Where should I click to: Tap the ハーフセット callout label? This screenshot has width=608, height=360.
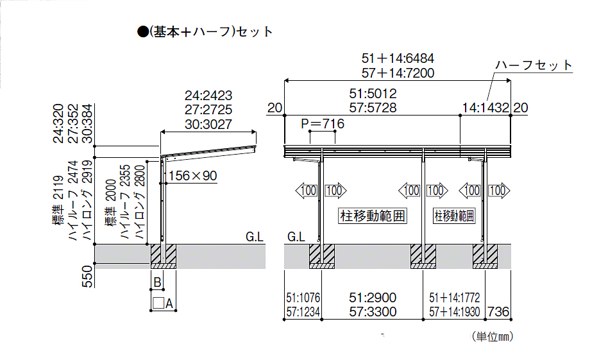coord(534,65)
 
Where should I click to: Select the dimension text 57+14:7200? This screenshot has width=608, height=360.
coord(398,73)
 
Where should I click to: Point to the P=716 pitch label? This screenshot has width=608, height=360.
coord(323,124)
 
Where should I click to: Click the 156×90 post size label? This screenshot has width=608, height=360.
coord(193,175)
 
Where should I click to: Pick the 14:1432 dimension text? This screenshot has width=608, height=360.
coord(486,108)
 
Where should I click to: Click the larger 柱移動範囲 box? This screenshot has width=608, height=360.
coord(373,216)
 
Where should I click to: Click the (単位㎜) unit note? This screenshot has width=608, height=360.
coord(492,336)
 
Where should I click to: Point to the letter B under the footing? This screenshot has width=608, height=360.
coord(157,280)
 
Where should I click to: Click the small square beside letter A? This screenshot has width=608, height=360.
coord(158,304)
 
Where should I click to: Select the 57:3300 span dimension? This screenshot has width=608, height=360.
coord(373,312)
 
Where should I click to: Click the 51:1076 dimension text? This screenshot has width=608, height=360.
coord(303,298)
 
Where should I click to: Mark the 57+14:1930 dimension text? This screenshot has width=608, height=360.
coord(455,312)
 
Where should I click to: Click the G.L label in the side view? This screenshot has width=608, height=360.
coord(255,237)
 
